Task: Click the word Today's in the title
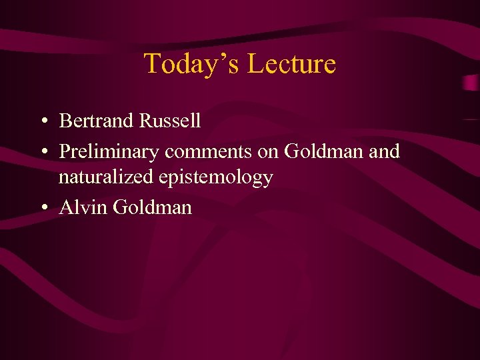192,64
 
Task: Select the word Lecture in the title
291,64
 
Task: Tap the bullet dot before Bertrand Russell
43,122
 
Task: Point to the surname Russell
169,121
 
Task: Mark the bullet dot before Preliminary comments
43,153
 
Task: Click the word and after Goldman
384,151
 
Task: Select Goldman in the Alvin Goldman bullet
153,207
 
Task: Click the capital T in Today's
153,64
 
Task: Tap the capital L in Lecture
255,64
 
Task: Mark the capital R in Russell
145,121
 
